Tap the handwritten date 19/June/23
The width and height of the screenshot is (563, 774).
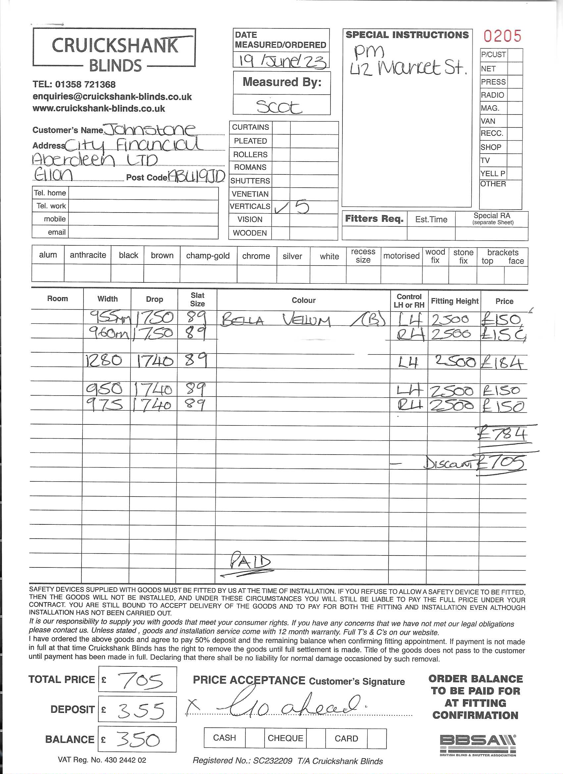coord(282,61)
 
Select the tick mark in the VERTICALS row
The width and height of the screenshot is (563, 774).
coord(281,208)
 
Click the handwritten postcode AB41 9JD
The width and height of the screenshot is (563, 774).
coord(197,176)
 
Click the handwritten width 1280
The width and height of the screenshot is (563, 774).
coord(104,361)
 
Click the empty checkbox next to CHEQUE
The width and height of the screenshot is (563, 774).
coord(316,738)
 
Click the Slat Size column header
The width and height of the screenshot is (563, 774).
coord(197,299)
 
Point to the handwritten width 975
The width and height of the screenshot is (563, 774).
coord(104,405)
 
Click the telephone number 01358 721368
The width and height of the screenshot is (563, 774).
coord(85,84)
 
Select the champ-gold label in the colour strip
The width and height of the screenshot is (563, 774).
coord(208,256)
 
